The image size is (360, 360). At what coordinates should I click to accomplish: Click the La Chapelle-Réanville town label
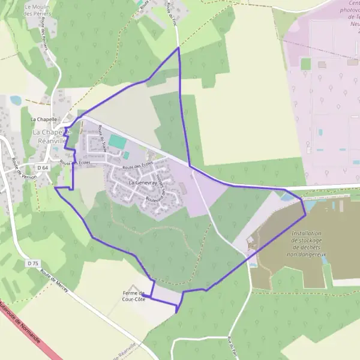point(52,136)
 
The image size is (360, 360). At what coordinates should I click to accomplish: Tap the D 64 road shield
point(41,168)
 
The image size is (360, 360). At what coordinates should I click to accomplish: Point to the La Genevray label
point(143,181)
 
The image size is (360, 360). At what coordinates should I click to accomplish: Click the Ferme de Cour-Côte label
point(134,295)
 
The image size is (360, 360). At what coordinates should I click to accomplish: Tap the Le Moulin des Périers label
point(37,10)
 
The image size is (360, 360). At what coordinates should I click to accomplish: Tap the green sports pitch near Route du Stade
point(118,142)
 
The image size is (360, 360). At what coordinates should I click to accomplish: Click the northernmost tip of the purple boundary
point(178,47)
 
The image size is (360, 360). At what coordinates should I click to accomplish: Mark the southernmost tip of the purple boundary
point(178,313)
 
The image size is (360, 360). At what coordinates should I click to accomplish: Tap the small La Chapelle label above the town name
point(44,119)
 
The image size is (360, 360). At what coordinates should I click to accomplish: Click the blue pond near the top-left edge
point(14,100)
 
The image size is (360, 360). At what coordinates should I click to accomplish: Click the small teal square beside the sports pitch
point(126,155)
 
